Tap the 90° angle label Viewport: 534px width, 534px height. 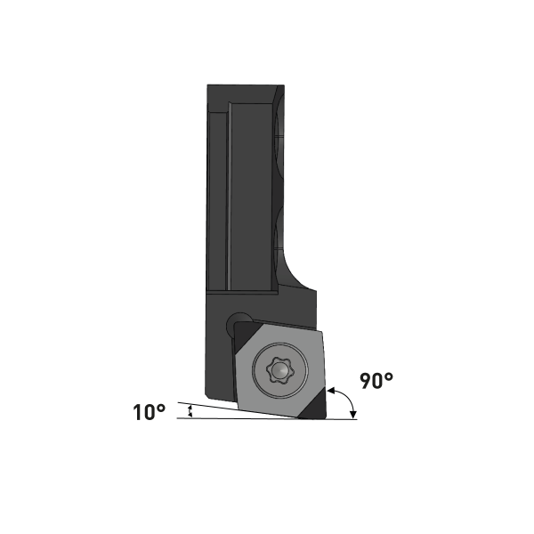pos(376,380)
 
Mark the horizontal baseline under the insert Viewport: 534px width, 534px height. pos(267,419)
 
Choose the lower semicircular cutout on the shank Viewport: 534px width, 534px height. pos(279,231)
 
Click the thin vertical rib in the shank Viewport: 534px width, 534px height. pos(229,196)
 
